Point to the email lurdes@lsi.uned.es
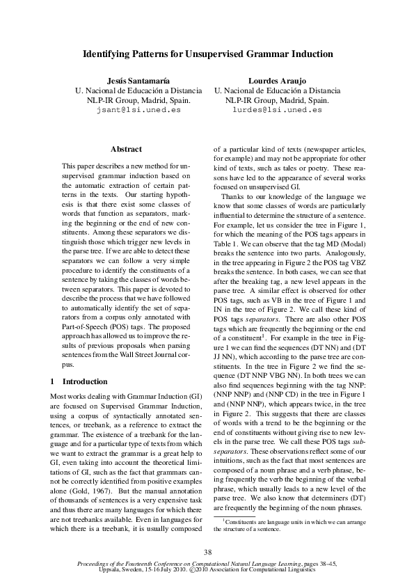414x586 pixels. (277, 109)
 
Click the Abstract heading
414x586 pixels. (126, 149)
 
